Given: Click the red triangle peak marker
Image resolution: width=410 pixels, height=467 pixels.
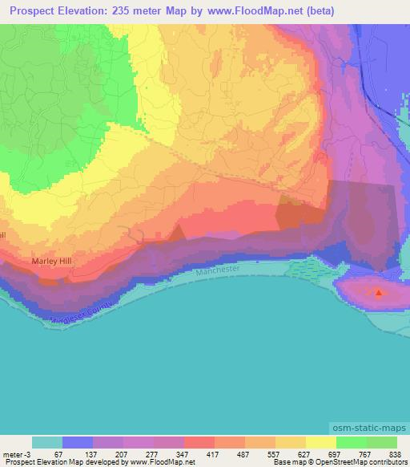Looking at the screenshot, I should (379, 291).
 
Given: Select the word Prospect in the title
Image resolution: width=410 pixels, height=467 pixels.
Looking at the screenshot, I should (33, 12).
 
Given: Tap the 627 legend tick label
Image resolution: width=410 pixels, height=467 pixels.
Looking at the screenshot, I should (305, 453).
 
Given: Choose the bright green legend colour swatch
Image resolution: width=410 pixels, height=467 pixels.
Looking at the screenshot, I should (351, 442).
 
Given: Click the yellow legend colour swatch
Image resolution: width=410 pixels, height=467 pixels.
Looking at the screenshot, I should (320, 442).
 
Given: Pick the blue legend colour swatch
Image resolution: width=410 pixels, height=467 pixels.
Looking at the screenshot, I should (78, 442).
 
